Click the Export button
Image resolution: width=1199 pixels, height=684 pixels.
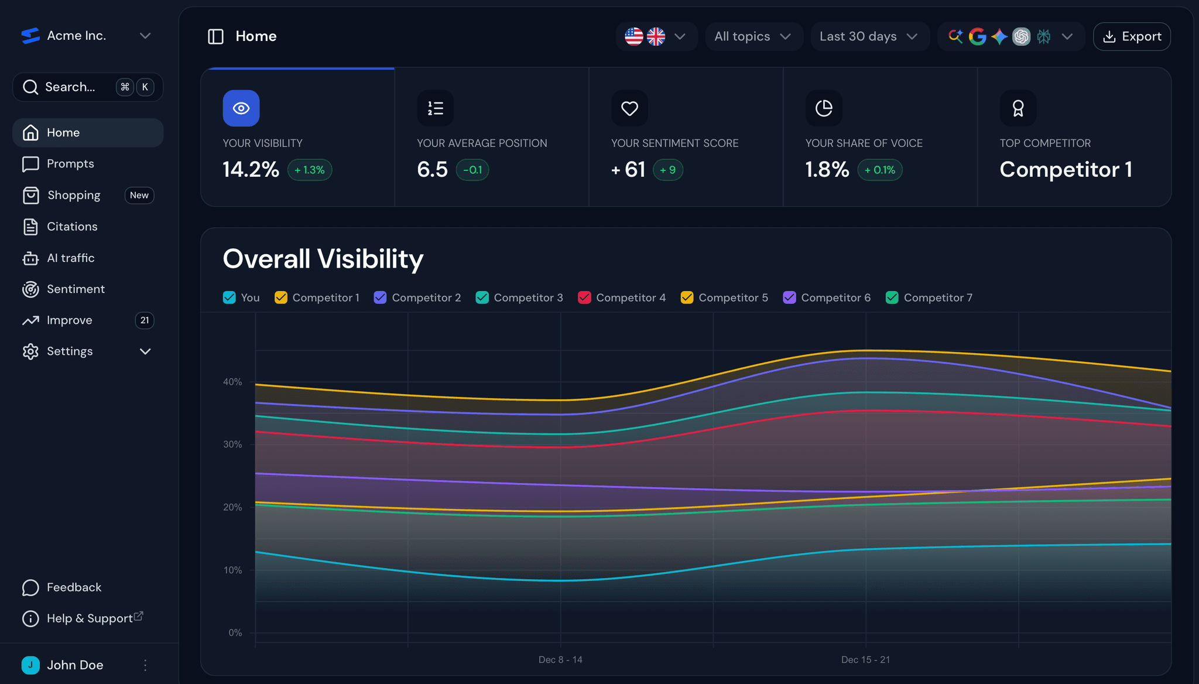[1132, 36]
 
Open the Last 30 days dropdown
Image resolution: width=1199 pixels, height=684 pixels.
[869, 36]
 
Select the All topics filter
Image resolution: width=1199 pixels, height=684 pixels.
[753, 36]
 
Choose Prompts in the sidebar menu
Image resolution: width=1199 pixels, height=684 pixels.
[70, 164]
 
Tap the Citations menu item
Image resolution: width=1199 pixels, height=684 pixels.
[72, 227]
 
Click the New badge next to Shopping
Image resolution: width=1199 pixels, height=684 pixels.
[139, 196]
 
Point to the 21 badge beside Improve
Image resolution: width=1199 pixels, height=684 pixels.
[145, 320]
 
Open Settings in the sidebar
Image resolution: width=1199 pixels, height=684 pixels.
[70, 351]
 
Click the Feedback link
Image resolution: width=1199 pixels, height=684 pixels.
[74, 587]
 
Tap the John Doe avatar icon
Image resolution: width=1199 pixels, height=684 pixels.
[30, 665]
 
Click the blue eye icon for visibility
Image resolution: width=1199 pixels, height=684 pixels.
[241, 108]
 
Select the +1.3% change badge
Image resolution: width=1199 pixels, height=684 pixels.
[310, 170]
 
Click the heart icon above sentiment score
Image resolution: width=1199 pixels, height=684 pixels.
[629, 108]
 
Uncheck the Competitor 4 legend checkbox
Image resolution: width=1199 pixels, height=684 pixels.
[584, 297]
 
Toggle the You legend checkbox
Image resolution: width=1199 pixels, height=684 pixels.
[229, 297]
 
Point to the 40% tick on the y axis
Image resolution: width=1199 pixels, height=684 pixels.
[232, 382]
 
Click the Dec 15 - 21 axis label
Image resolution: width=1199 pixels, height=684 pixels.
[865, 660]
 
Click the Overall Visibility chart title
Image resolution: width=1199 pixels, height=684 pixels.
[323, 259]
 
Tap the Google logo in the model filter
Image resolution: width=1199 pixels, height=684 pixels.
[977, 36]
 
